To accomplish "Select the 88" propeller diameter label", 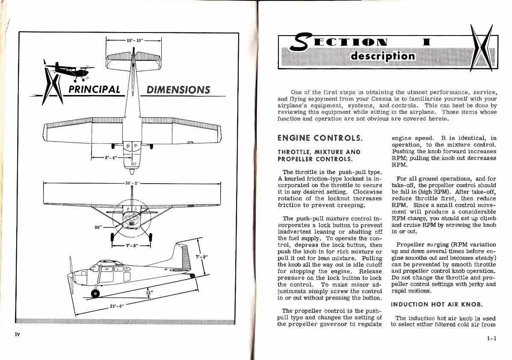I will click(x=98, y=227).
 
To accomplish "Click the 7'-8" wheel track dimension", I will click(x=131, y=246).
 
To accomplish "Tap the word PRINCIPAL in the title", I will click(x=95, y=90).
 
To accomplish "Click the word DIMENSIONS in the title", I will click(x=178, y=90).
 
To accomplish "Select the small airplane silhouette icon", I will click(x=68, y=69).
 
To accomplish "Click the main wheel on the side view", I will click(x=95, y=293).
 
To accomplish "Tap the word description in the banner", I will click(x=382, y=57).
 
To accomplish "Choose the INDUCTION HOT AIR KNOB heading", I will click(x=436, y=304).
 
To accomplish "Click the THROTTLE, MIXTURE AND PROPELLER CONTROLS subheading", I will click(x=319, y=155).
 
